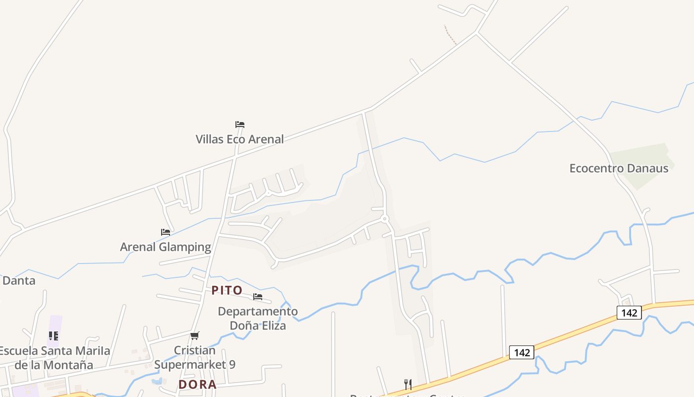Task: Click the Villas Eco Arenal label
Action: click(239, 139)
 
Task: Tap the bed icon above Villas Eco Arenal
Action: click(240, 125)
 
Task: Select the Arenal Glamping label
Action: click(166, 247)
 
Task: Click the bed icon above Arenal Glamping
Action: click(166, 232)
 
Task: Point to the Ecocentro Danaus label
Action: click(619, 168)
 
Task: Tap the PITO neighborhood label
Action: click(227, 290)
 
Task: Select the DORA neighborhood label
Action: click(197, 385)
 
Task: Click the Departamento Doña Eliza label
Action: click(258, 319)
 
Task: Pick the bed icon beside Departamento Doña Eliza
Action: click(258, 297)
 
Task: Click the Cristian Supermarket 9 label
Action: click(195, 357)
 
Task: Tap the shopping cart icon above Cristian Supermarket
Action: click(195, 336)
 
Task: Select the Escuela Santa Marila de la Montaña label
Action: click(54, 358)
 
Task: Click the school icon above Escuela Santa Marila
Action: click(54, 336)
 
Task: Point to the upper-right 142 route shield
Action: click(629, 313)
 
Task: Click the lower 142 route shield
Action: click(521, 352)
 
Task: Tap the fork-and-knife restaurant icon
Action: click(408, 384)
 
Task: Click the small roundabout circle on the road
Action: click(385, 218)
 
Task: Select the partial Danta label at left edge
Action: click(18, 281)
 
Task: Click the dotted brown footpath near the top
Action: click(450, 35)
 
